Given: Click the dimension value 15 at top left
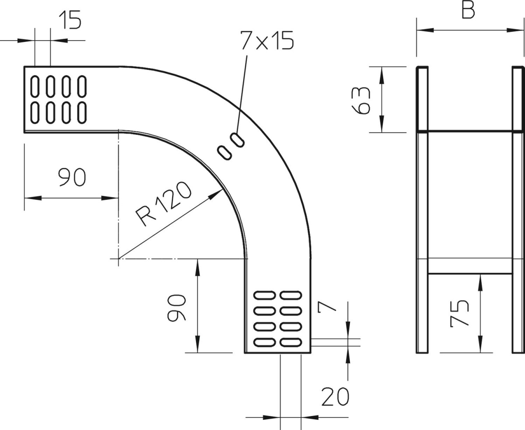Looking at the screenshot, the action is pyautogui.click(x=70, y=20).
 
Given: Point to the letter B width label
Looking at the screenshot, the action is pyautogui.click(x=468, y=10).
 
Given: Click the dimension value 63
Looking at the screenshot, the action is pyautogui.click(x=360, y=100).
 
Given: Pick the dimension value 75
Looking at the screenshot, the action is pyautogui.click(x=459, y=313).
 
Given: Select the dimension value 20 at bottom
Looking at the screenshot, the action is pyautogui.click(x=335, y=396).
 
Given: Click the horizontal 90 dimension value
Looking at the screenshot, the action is pyautogui.click(x=72, y=177).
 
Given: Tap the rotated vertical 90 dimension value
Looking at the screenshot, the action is pyautogui.click(x=176, y=308).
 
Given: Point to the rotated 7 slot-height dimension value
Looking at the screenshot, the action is pyautogui.click(x=327, y=307).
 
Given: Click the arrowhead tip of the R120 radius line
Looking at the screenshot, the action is pyautogui.click(x=223, y=189).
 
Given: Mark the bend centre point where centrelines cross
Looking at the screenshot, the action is pyautogui.click(x=119, y=259).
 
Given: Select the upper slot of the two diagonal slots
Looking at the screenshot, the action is pyautogui.click(x=237, y=140).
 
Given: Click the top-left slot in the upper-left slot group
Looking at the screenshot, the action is pyautogui.click(x=35, y=86).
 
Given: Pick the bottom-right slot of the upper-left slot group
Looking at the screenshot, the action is pyautogui.click(x=82, y=113).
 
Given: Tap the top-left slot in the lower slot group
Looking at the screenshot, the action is pyautogui.click(x=264, y=295).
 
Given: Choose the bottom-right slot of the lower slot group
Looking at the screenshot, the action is pyautogui.click(x=291, y=342).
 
